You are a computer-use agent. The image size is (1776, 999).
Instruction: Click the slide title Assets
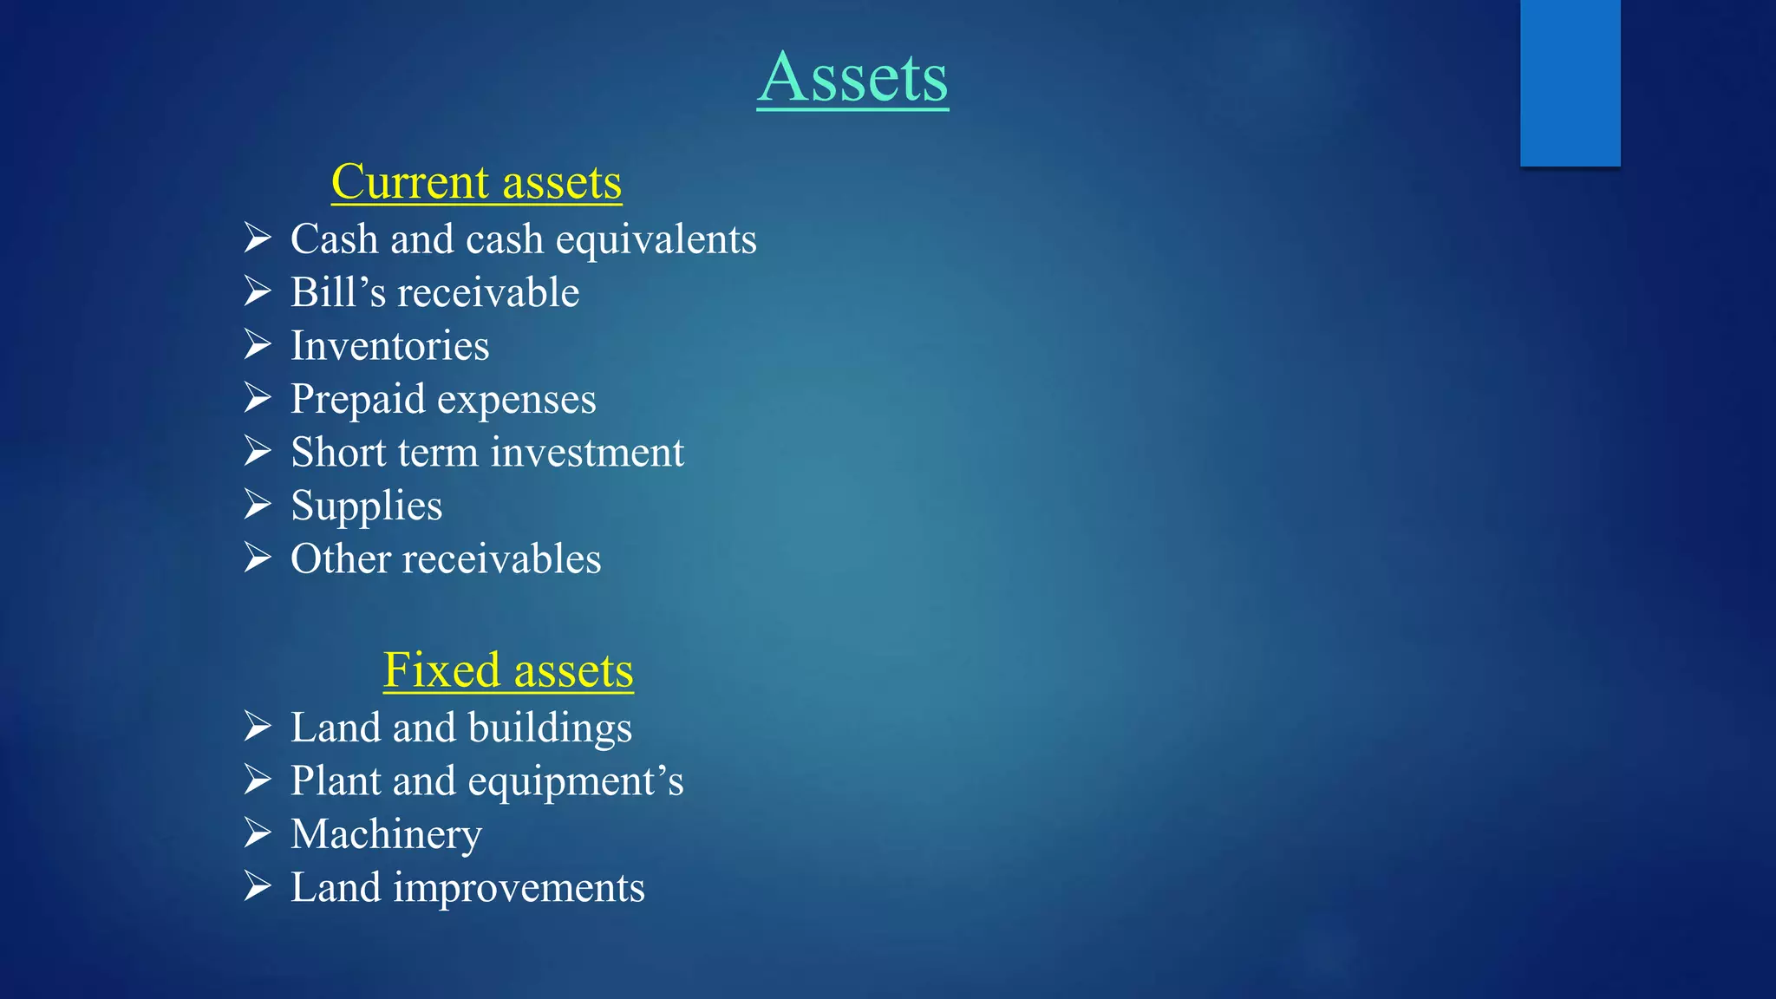(x=852, y=78)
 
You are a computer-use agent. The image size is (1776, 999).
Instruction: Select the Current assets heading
(x=476, y=182)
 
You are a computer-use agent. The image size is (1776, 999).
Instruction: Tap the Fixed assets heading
(x=508, y=670)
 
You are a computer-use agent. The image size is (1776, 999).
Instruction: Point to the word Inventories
(x=389, y=346)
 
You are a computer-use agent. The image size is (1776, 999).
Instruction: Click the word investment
(x=587, y=453)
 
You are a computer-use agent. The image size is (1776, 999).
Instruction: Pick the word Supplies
(x=366, y=506)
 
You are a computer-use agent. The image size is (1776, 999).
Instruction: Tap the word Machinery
(x=386, y=834)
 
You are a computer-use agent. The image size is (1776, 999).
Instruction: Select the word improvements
(x=519, y=888)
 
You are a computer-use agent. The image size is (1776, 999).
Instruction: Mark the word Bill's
(x=338, y=293)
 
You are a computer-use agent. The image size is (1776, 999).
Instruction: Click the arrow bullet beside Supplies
(x=258, y=505)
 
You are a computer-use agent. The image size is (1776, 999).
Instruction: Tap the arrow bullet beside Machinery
(x=258, y=832)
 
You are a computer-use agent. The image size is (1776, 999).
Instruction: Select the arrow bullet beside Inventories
(x=258, y=344)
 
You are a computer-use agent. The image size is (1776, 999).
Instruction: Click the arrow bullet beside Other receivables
(x=258, y=558)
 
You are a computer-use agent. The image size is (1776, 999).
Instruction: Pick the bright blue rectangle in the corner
(x=1570, y=82)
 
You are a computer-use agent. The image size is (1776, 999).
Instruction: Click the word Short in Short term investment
(x=338, y=453)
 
